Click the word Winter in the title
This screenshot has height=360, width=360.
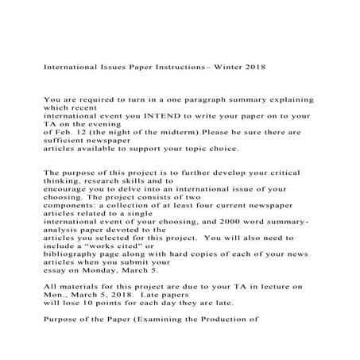219,68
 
